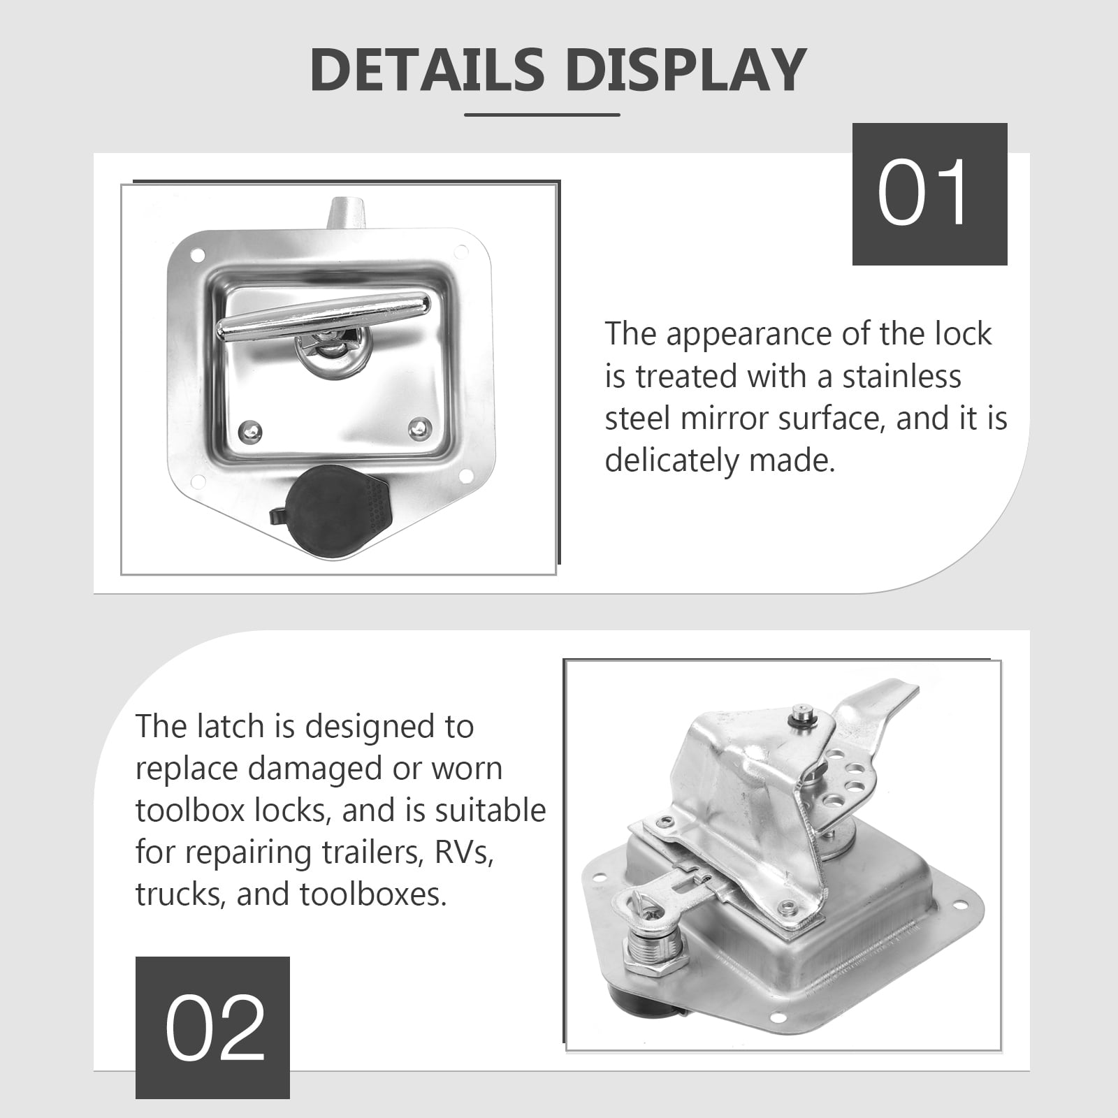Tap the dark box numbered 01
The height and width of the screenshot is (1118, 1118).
929,194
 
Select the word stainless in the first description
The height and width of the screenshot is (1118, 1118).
901,377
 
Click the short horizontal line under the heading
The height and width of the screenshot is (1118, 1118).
542,115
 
